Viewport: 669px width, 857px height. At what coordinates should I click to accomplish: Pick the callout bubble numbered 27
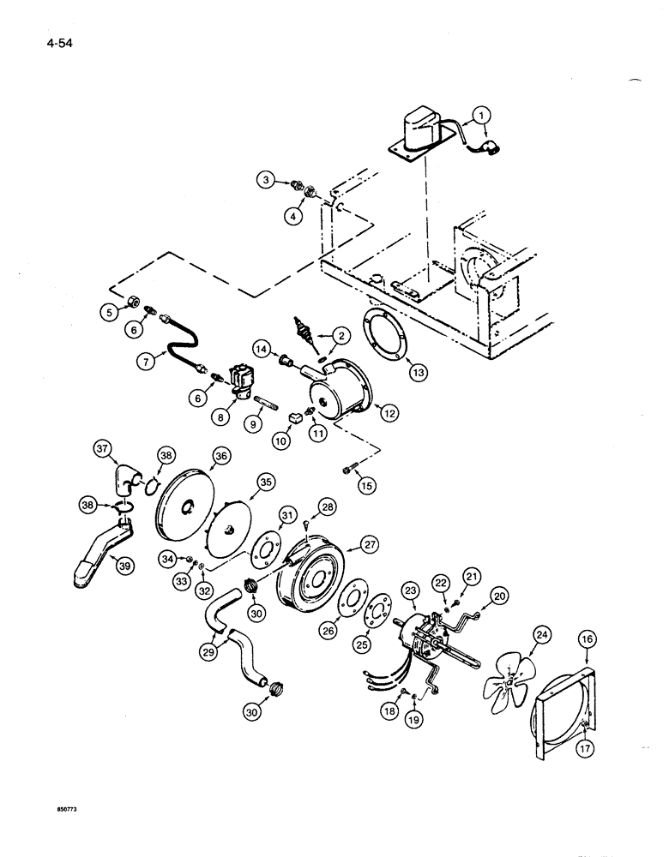click(x=370, y=544)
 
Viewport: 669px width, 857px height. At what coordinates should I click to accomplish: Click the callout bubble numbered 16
click(x=588, y=640)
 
